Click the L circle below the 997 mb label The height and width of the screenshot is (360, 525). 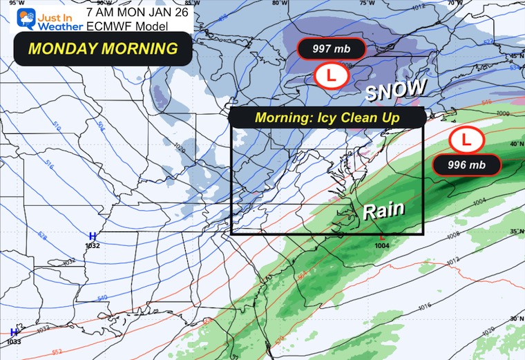tap(331, 76)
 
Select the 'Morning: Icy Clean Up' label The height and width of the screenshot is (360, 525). tap(327, 117)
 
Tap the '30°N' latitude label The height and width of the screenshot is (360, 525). tap(515, 318)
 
